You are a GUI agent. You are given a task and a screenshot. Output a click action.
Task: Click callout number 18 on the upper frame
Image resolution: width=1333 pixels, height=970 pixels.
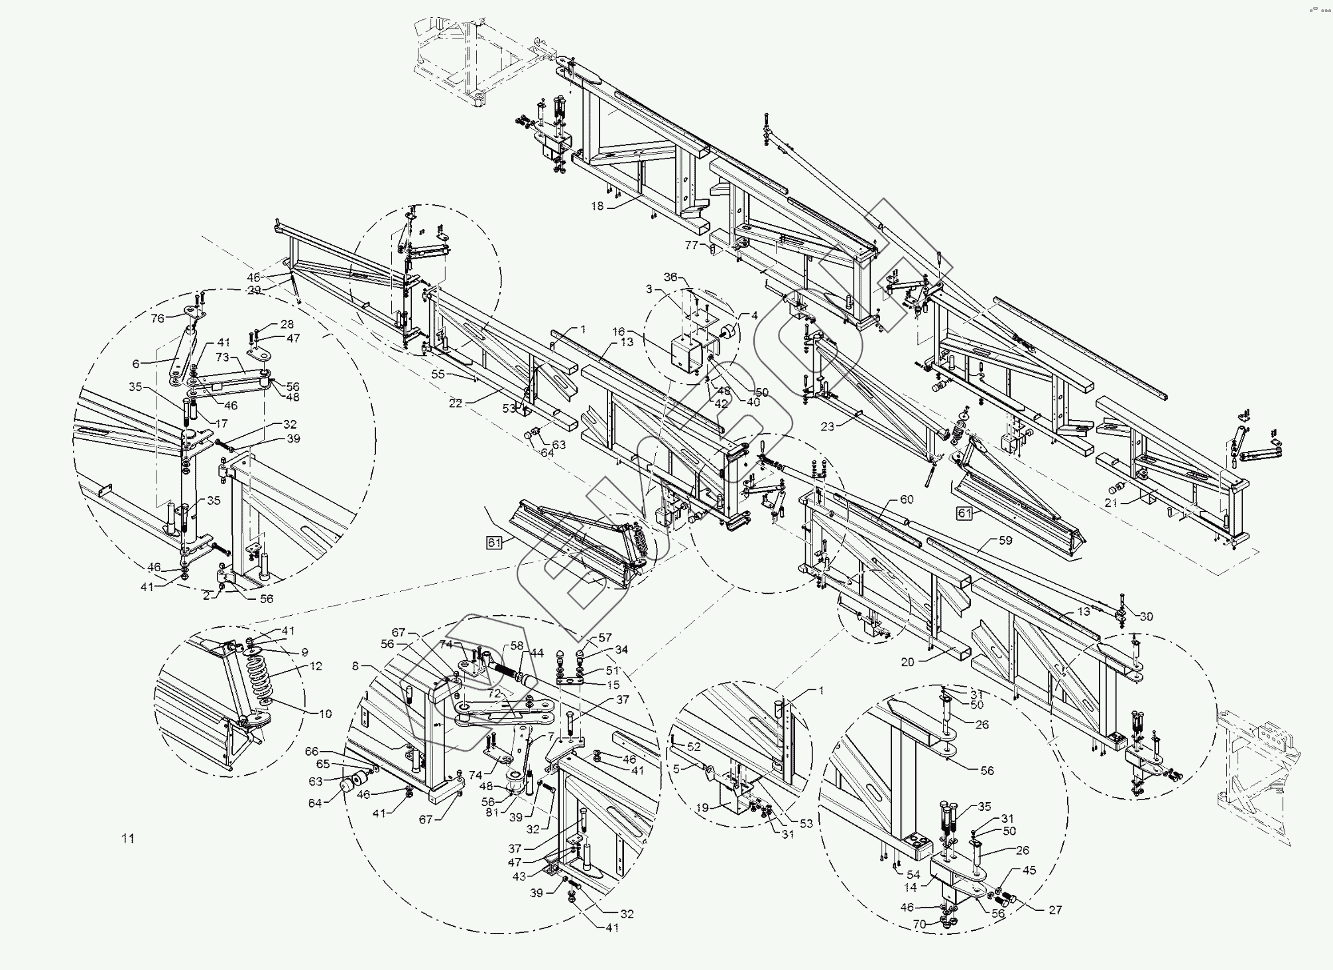598,206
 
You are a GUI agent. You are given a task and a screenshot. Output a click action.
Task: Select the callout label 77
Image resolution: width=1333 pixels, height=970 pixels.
692,245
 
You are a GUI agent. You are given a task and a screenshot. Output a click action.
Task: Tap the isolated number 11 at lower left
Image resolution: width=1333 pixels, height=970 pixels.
128,839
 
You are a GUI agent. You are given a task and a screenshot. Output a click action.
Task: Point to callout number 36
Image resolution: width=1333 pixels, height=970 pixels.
671,277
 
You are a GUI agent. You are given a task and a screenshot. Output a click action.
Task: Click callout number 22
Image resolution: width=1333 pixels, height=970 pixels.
455,403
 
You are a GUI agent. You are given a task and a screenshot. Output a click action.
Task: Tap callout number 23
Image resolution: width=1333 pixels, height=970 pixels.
828,427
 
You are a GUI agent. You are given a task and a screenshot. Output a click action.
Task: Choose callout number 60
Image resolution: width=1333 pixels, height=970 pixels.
907,499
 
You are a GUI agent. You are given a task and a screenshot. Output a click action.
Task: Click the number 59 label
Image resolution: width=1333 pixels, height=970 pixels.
1005,540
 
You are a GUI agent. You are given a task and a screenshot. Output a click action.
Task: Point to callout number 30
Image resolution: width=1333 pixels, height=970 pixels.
1146,616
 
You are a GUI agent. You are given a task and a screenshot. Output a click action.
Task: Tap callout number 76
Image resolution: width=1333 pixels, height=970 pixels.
157,318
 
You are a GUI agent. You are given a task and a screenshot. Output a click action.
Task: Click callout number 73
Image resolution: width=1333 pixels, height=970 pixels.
222,358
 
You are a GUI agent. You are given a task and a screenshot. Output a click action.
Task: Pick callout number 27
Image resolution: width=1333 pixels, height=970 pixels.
1055,910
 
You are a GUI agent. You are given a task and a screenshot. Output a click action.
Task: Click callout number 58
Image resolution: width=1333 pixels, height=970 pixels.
517,646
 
